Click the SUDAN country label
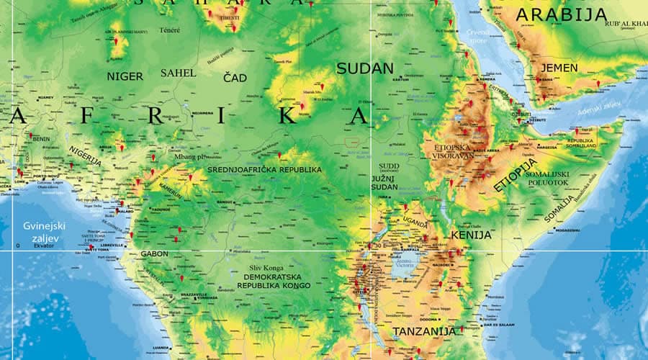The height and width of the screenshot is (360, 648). tap(365, 68)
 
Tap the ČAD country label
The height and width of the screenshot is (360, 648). tap(235, 77)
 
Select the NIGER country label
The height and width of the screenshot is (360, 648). tap(125, 76)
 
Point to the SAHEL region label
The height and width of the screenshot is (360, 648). tap(178, 73)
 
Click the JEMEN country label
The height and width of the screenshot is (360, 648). tap(558, 68)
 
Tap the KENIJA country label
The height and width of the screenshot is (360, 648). tap(471, 235)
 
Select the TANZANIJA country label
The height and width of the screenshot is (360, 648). tap(424, 331)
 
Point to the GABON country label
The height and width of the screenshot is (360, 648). tap(154, 254)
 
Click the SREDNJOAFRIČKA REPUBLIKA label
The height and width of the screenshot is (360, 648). tap(264, 169)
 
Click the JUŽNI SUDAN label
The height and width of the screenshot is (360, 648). tap(384, 182)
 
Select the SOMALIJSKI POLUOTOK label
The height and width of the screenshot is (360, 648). tap(548, 179)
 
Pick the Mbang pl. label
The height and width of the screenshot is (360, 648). tap(190, 156)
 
